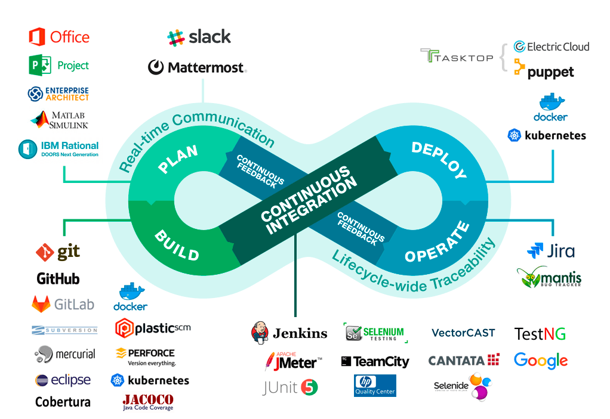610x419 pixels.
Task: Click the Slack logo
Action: click(199, 37)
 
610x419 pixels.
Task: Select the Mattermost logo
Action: click(197, 67)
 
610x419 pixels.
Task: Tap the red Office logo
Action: click(59, 37)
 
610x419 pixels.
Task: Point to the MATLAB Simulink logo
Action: click(60, 120)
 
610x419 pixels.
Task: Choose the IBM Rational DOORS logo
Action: click(58, 148)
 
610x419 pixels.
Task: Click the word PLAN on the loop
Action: click(178, 159)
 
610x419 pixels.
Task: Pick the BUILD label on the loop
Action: click(177, 246)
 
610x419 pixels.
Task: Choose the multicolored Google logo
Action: click(541, 361)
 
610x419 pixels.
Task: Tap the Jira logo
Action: click(551, 250)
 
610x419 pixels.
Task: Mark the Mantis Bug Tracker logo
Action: click(549, 278)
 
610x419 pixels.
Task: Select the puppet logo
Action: click(544, 72)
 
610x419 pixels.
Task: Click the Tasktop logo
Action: click(457, 57)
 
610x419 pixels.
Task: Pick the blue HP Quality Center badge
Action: click(375, 385)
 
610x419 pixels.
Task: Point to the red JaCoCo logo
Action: click(148, 402)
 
